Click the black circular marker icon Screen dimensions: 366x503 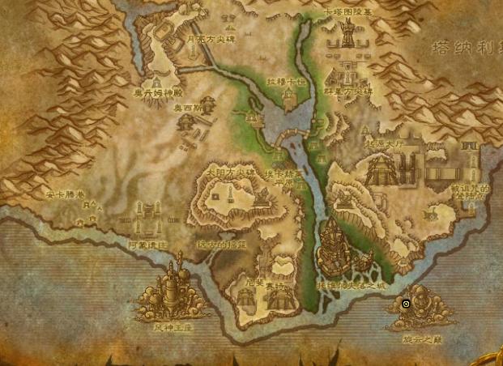(x=406, y=304)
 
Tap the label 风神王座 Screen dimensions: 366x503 (x=174, y=327)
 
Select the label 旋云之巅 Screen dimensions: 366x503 (x=421, y=338)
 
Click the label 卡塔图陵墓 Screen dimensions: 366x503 (x=349, y=11)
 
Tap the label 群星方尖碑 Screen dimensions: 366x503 (x=349, y=91)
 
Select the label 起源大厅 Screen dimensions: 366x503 (x=383, y=143)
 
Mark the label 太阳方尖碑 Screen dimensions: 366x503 (x=229, y=172)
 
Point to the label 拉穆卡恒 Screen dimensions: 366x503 (x=287, y=81)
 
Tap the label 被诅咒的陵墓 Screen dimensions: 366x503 (x=470, y=191)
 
